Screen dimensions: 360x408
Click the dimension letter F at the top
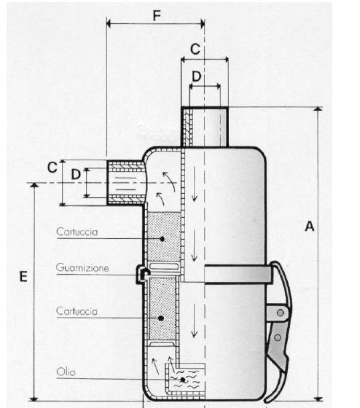pyautogui.click(x=157, y=15)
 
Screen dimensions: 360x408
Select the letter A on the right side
pyautogui.click(x=310, y=226)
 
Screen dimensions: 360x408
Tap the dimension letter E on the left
pyautogui.click(x=23, y=276)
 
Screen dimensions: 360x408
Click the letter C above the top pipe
pyautogui.click(x=195, y=49)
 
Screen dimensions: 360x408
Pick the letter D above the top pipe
pyautogui.click(x=197, y=76)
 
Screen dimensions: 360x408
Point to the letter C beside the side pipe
pyautogui.click(x=52, y=168)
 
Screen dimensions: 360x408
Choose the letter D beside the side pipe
pyautogui.click(x=76, y=174)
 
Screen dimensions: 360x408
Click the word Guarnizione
pyautogui.click(x=82, y=268)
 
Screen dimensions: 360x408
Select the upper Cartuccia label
pyautogui.click(x=77, y=232)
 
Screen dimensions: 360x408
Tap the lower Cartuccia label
pyautogui.click(x=77, y=311)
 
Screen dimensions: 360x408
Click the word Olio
pyautogui.click(x=66, y=372)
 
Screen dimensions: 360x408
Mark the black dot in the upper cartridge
pyautogui.click(x=163, y=239)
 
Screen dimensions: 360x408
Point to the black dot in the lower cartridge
pyautogui.click(x=161, y=318)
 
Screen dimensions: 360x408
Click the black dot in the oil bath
pyautogui.click(x=183, y=380)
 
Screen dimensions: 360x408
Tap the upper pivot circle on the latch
pyautogui.click(x=281, y=313)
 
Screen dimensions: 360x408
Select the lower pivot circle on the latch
pyautogui.click(x=278, y=338)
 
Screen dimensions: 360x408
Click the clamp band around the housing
pyautogui.click(x=238, y=274)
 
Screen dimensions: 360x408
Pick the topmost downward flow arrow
pyautogui.click(x=194, y=184)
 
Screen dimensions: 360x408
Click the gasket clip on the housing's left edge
pyautogui.click(x=143, y=274)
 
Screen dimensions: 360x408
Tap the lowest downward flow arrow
pyautogui.click(x=194, y=321)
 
